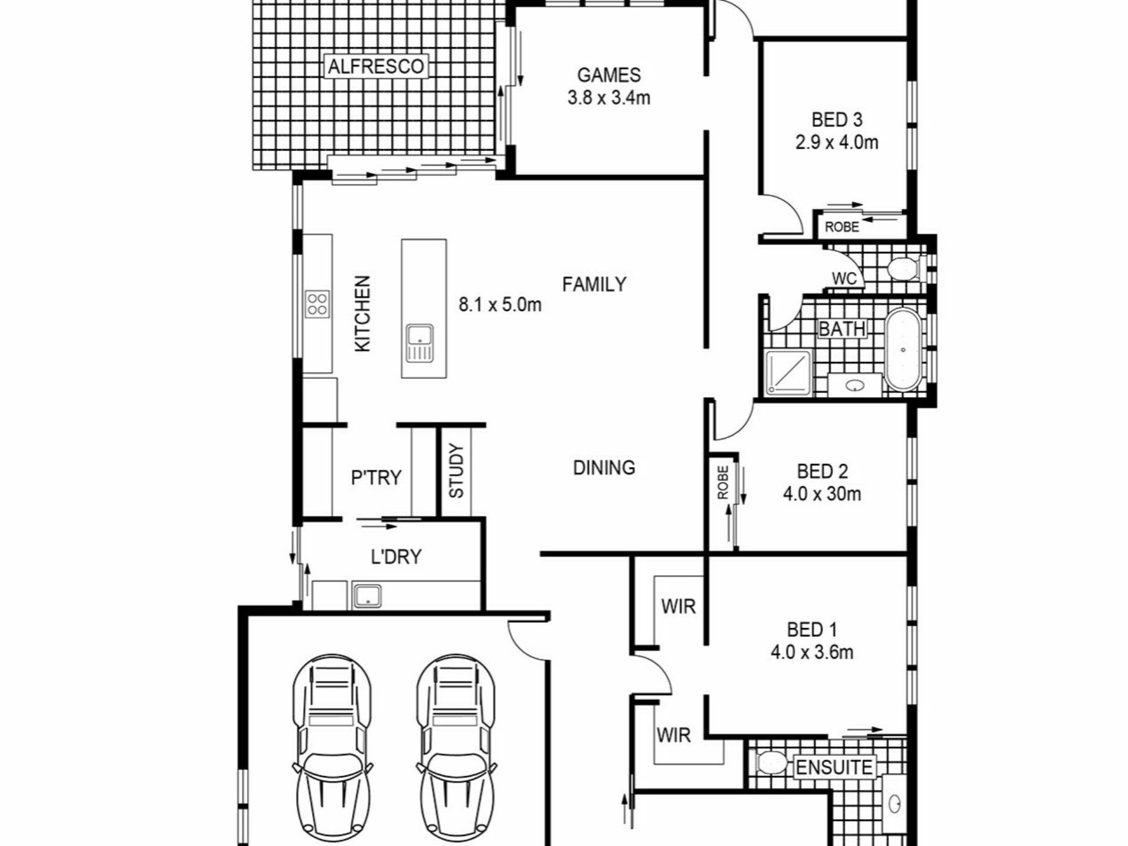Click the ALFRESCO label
coord(376,66)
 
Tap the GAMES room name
coord(609,75)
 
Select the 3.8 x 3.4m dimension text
coord(609,98)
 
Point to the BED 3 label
coord(837,120)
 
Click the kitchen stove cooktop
coord(317,304)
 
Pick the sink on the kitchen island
coord(419,343)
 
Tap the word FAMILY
coord(594,284)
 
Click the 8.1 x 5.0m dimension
coord(500,305)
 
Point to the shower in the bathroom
coord(788,372)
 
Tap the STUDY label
coord(456,471)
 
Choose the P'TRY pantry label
coord(376,478)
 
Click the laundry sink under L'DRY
coord(367,596)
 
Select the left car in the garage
coord(333,750)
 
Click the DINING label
coord(604,468)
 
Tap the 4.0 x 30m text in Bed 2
coord(822,493)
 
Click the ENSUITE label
coord(834,767)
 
